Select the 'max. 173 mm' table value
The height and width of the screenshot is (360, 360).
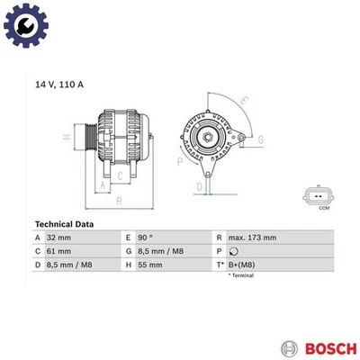(x=253, y=238)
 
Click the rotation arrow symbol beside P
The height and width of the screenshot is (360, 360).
(x=233, y=252)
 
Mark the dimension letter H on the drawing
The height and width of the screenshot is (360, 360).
(x=65, y=137)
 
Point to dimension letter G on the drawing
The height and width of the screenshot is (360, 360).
(x=260, y=139)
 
